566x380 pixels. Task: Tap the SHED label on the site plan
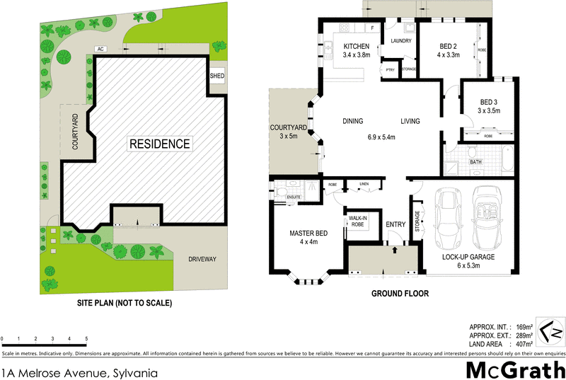(x=216, y=76)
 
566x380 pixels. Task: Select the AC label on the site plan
(x=102, y=50)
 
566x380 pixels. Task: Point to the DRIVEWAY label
(x=202, y=260)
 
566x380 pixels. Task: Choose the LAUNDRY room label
(x=401, y=41)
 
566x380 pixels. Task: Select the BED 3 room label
(x=488, y=101)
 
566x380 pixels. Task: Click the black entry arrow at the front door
(x=395, y=249)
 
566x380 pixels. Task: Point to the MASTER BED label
(x=308, y=233)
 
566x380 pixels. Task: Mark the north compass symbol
(x=550, y=330)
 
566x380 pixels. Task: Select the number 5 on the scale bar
(x=86, y=339)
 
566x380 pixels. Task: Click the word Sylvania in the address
(x=130, y=372)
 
